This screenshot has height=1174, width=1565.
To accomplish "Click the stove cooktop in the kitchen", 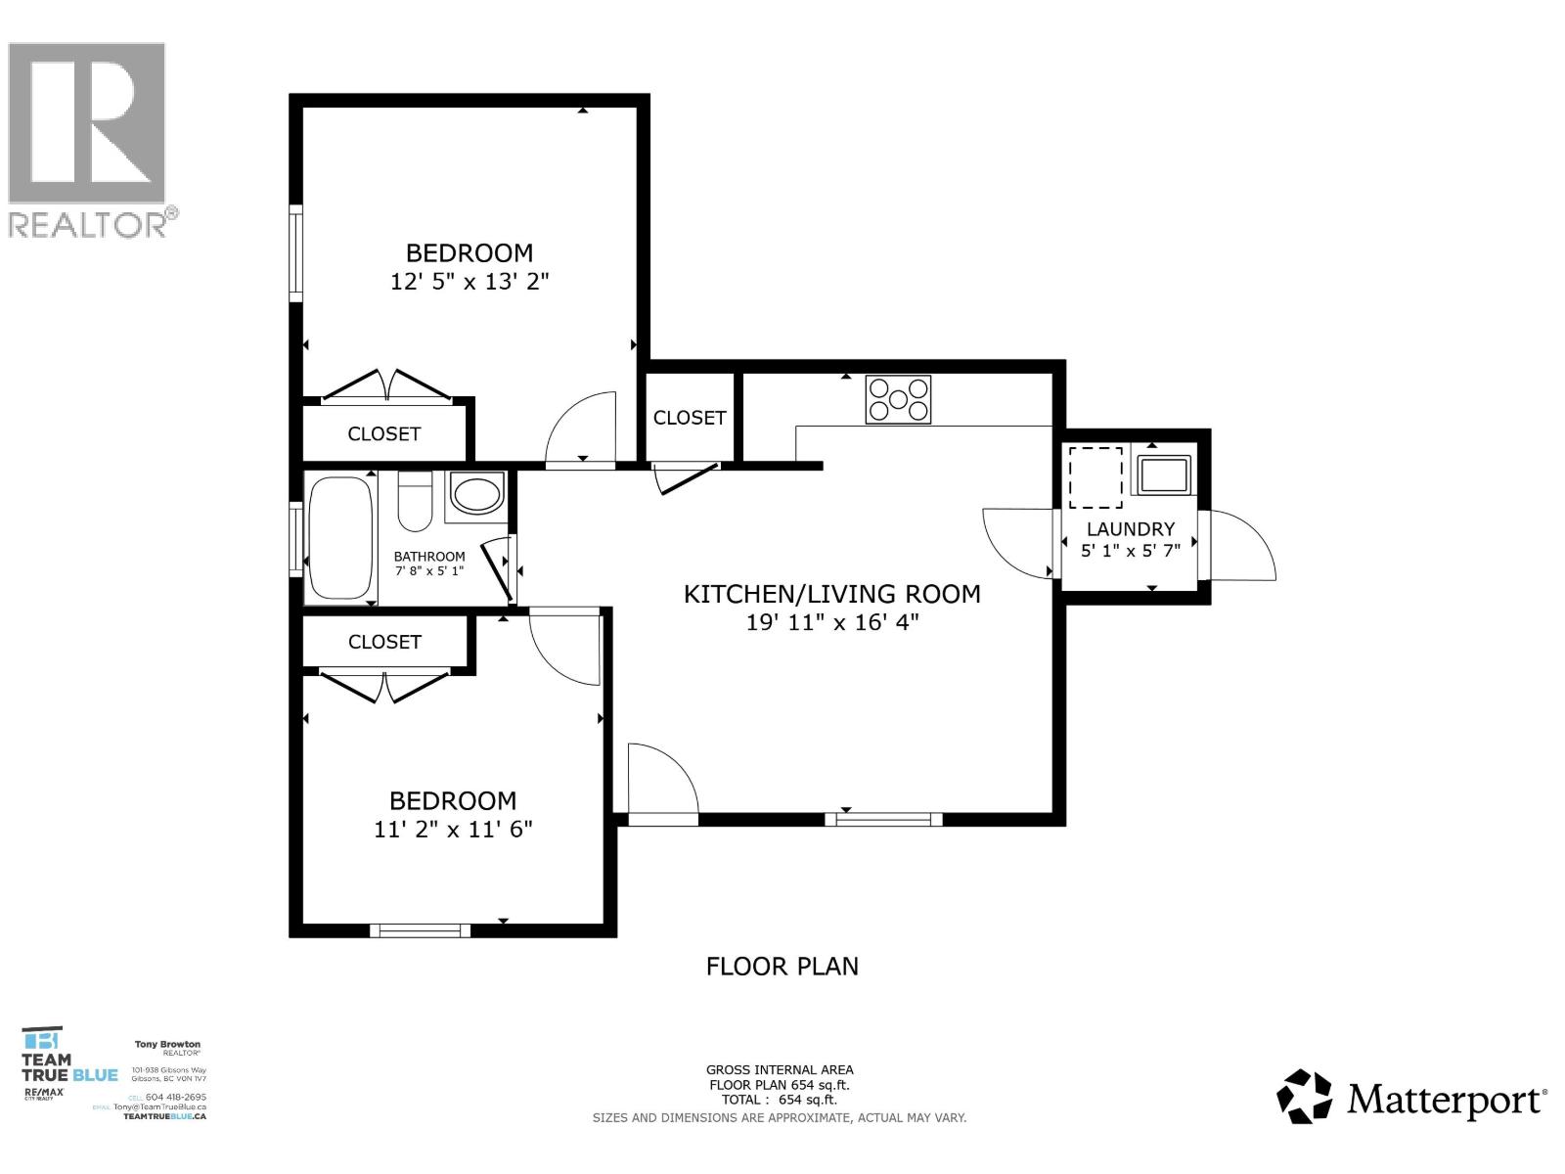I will point(898,399).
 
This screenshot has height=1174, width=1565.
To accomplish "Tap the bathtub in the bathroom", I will point(340,537).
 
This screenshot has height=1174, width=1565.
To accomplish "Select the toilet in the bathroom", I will point(415,498).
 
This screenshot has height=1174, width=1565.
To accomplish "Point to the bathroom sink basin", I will point(476,494).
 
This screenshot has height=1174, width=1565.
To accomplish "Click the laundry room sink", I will point(1162,474).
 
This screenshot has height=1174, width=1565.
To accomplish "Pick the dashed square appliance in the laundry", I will point(1095,477).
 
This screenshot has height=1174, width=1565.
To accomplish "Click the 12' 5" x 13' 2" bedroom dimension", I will point(469,282).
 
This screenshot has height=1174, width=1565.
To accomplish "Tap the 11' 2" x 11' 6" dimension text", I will point(453,830).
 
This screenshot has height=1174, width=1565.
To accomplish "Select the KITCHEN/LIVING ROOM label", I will point(831,594).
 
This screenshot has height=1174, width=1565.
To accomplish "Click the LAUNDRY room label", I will point(1130,528).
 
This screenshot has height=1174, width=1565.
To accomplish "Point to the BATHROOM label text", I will point(429,556).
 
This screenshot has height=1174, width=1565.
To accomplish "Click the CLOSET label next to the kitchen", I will point(690,418).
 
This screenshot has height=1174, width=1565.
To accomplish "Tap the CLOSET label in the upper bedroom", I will point(384,433).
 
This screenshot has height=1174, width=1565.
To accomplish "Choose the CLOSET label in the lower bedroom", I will point(384,642).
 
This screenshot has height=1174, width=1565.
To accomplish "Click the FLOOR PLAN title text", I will point(782,967).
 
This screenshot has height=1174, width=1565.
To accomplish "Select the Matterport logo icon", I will point(1304,1097).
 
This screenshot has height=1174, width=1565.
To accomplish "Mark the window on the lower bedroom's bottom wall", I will point(420,930).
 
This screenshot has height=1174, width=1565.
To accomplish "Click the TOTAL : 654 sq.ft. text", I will point(780,1100).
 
